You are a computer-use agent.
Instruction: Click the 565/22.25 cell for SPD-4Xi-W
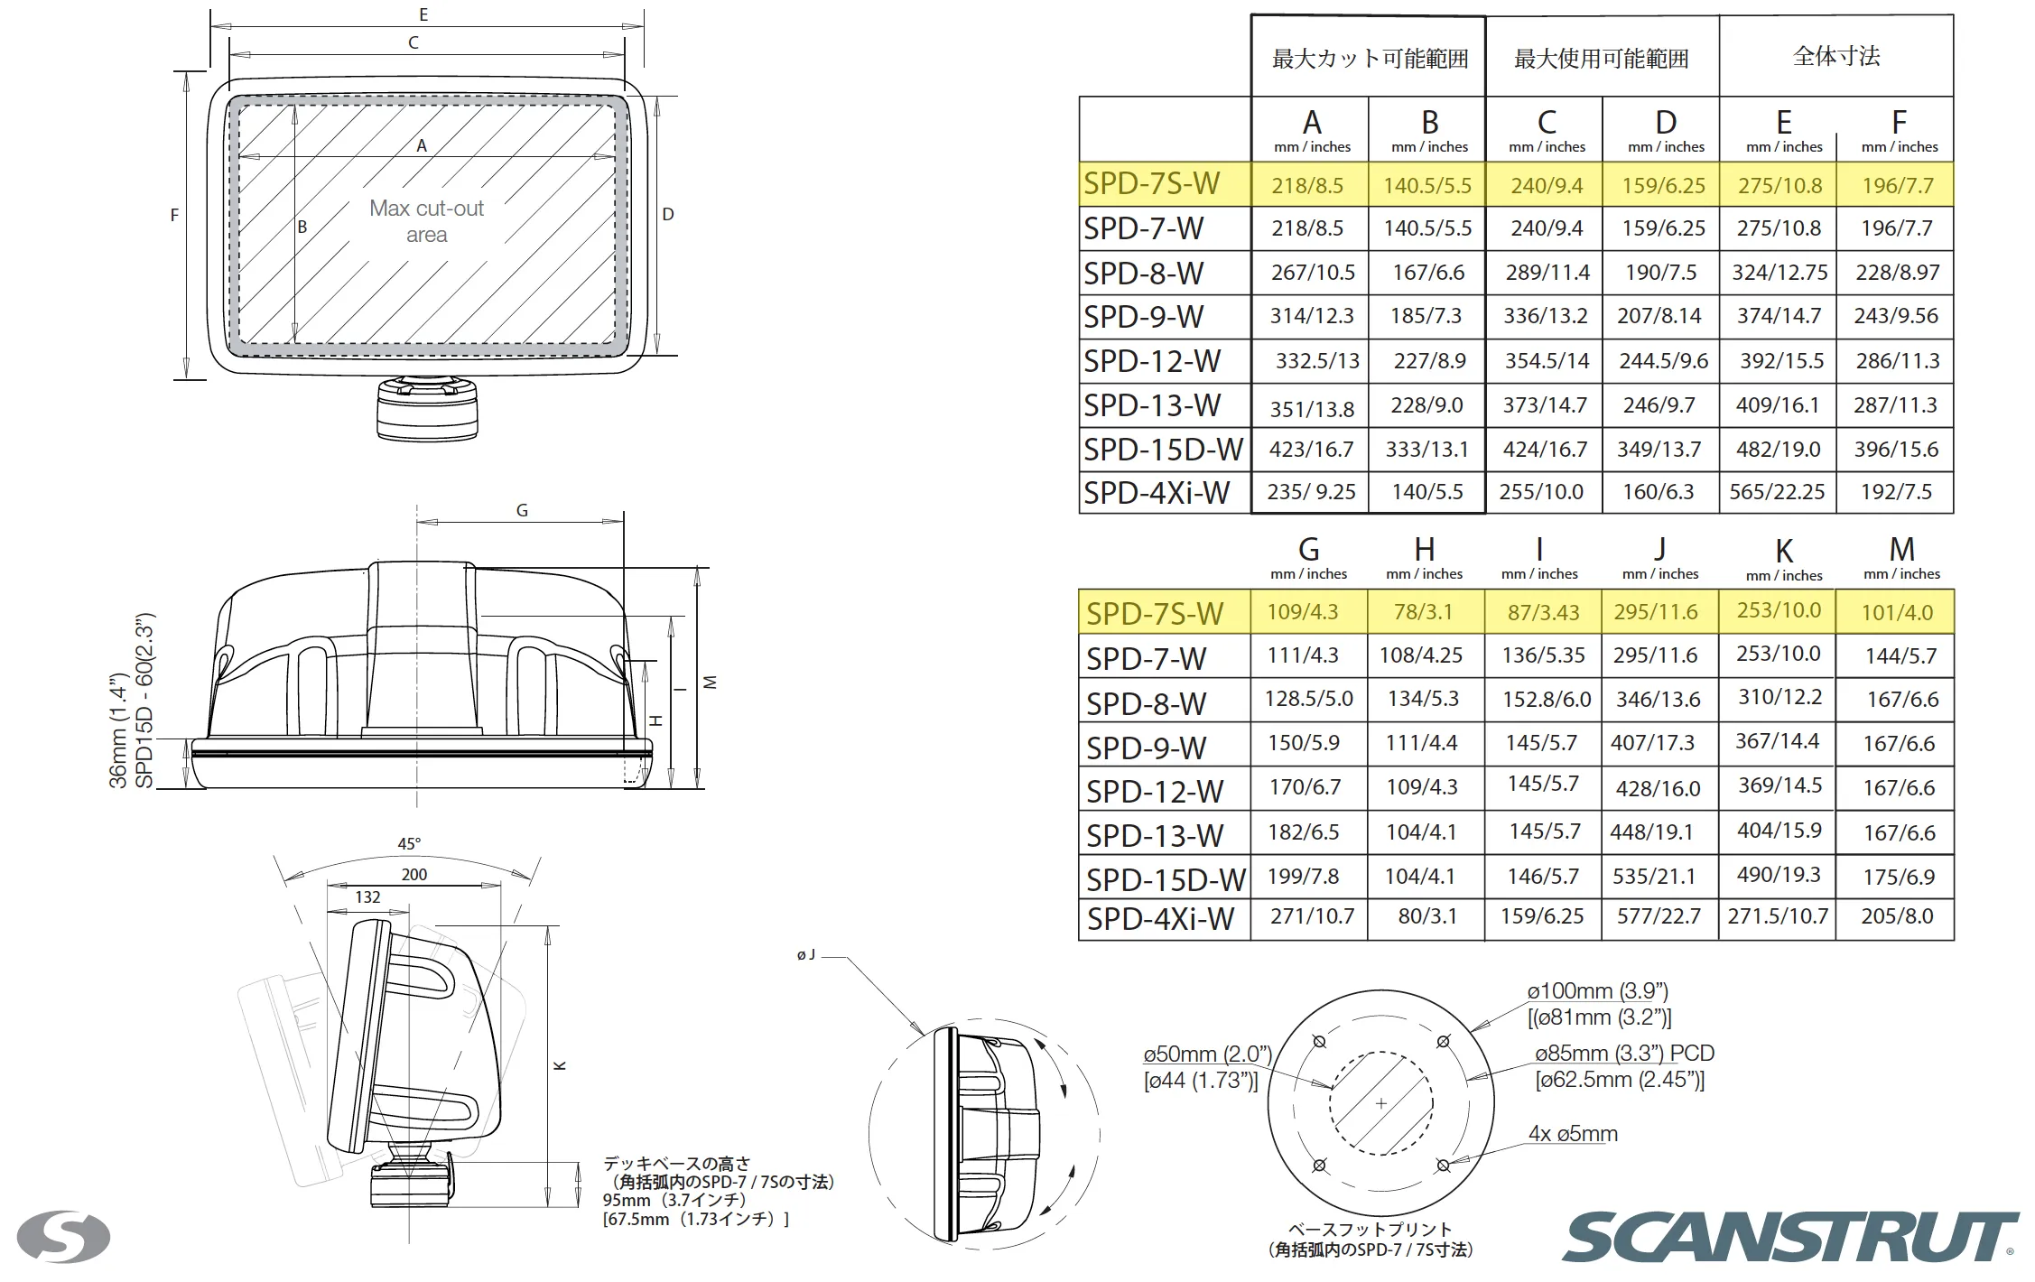[1777, 492]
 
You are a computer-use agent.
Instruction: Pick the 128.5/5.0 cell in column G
[1308, 699]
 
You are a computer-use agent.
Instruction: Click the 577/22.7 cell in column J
[1659, 916]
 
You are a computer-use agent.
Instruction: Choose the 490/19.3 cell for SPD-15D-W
[1779, 875]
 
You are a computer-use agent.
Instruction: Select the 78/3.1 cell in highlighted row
[1423, 612]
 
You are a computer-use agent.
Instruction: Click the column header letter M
[1901, 549]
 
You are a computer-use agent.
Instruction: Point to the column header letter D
[1666, 122]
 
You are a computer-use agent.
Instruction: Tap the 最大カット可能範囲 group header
[1370, 59]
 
